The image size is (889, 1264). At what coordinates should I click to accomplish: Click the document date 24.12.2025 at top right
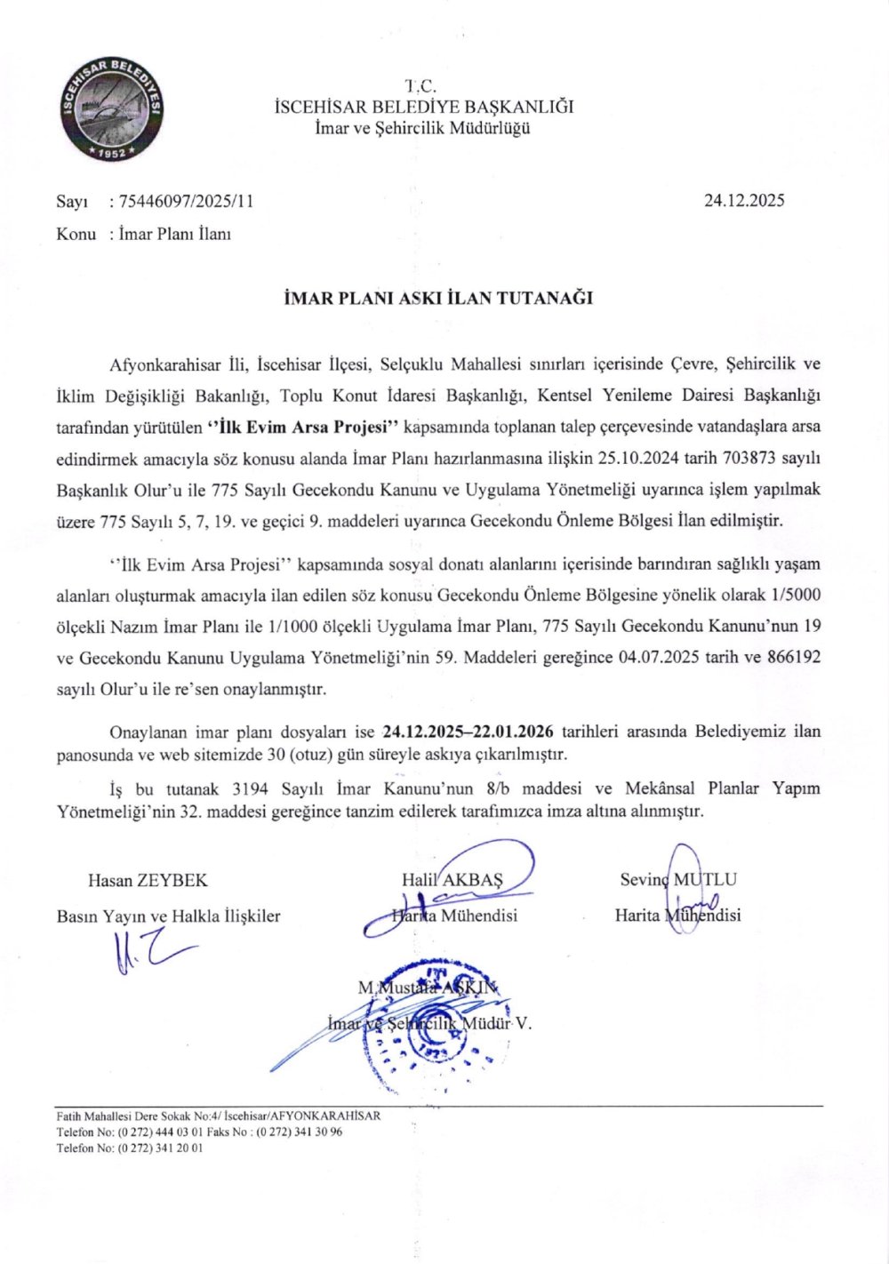[x=744, y=201]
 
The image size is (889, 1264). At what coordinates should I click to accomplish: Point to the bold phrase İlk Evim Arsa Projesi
[x=307, y=427]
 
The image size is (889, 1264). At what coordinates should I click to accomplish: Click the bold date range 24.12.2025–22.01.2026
[x=469, y=732]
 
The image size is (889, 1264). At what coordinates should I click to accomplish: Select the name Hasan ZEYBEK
[x=148, y=881]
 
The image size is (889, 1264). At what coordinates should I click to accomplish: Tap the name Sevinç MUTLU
[x=678, y=880]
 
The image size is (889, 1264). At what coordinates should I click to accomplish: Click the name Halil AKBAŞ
[x=453, y=880]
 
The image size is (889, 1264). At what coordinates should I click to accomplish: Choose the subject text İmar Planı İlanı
[x=175, y=235]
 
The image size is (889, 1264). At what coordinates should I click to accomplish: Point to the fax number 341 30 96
[x=316, y=1132]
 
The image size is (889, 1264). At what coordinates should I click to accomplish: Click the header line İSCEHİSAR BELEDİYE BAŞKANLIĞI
[x=424, y=108]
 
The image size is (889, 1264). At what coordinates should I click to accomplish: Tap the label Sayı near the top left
[x=71, y=201]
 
